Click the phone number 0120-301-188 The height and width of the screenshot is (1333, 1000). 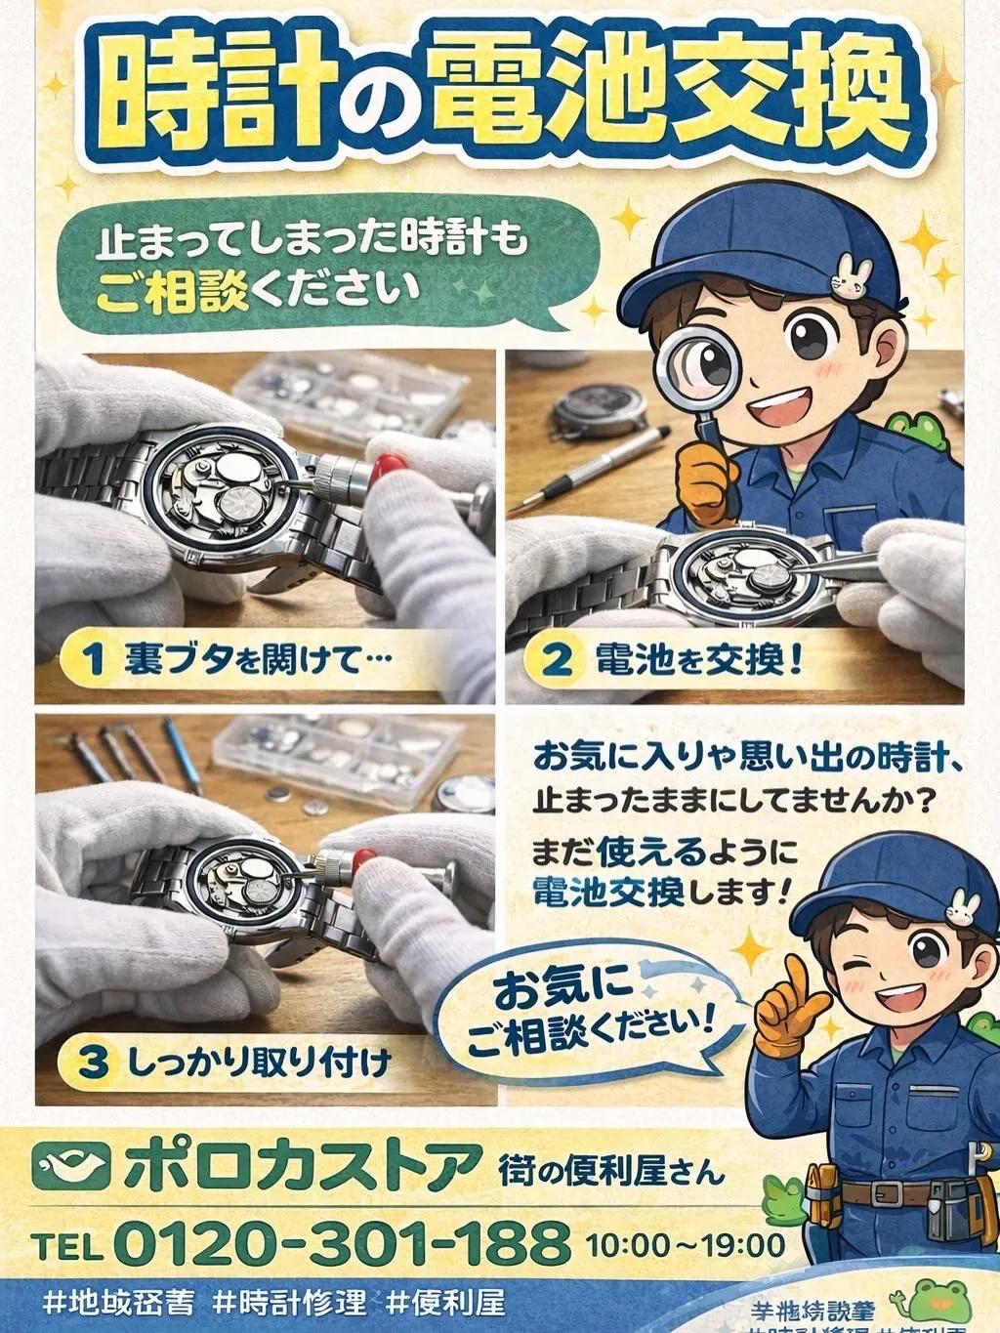click(x=342, y=1243)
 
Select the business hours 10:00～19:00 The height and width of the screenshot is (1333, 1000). click(x=686, y=1245)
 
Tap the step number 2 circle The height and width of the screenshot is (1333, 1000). click(x=557, y=659)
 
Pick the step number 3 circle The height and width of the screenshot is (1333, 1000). click(x=93, y=1062)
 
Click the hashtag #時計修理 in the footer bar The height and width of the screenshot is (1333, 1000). click(x=290, y=1303)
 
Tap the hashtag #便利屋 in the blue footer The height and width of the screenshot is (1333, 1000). click(x=445, y=1303)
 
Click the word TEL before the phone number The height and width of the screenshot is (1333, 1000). click(x=67, y=1246)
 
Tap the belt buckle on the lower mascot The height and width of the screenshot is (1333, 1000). click(x=888, y=1193)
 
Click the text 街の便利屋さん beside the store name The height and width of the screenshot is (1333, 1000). click(x=611, y=1167)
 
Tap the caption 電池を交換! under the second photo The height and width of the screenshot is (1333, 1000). click(x=699, y=660)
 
